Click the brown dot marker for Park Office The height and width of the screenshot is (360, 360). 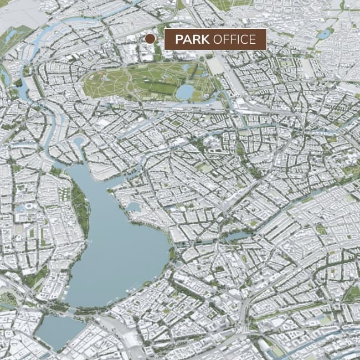tap(150, 38)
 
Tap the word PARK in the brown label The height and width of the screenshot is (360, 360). tap(192, 39)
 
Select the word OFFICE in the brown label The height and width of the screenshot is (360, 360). tap(234, 39)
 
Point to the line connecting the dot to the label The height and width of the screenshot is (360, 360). tap(160, 39)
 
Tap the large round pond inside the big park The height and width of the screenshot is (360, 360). tap(185, 91)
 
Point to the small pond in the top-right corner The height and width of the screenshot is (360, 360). tap(323, 34)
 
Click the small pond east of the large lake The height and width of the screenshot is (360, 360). tap(237, 236)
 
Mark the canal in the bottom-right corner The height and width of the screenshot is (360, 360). tap(310, 346)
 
